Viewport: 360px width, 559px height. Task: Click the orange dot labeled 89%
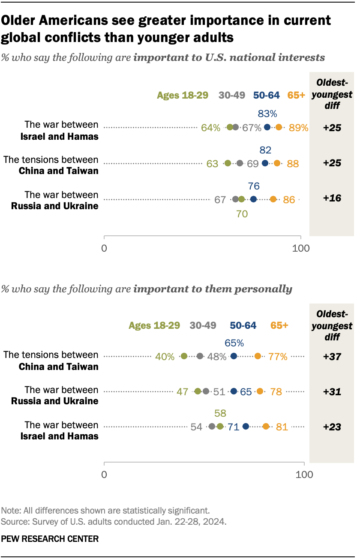(279, 127)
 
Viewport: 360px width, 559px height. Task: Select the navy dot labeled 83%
(267, 127)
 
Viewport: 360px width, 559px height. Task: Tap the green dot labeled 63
(228, 163)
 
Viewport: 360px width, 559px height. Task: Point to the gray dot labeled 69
(240, 163)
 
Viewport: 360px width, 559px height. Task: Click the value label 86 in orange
(289, 199)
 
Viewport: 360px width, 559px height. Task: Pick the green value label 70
(242, 213)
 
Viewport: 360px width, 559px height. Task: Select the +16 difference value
(332, 199)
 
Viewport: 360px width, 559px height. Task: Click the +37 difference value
(332, 356)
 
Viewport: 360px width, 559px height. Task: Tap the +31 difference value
(332, 391)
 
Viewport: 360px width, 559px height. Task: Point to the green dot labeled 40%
(184, 356)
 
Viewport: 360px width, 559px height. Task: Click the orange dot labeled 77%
(258, 356)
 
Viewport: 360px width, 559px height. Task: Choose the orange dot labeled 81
(266, 426)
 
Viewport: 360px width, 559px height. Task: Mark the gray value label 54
(197, 427)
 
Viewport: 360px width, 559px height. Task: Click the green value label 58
(220, 413)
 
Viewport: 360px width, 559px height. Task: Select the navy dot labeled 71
(246, 426)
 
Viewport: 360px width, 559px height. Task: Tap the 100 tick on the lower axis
(304, 475)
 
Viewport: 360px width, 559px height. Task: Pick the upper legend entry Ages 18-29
(183, 95)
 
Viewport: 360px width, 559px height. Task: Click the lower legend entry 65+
(279, 325)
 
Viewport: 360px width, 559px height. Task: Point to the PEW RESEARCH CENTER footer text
(51, 538)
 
